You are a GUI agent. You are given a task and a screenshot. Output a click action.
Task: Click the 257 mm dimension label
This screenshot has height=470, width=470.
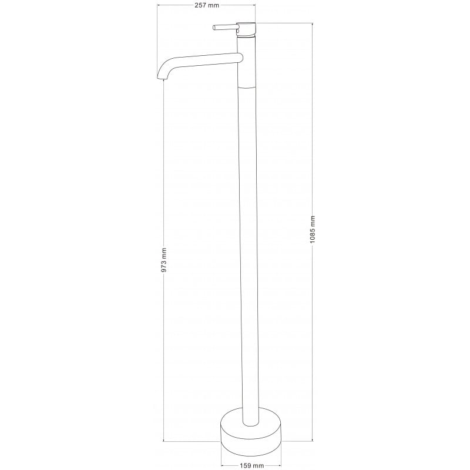pyautogui.click(x=207, y=5)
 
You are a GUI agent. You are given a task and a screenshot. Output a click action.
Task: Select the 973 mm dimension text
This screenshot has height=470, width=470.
pyautogui.click(x=164, y=259)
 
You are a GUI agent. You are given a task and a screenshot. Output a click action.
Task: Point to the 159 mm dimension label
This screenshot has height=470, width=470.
pyautogui.click(x=251, y=466)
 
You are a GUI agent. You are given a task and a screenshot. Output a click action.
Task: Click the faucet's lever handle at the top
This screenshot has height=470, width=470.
pyautogui.click(x=224, y=27)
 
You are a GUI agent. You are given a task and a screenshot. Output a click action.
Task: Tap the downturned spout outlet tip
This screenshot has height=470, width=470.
pyautogui.click(x=160, y=77)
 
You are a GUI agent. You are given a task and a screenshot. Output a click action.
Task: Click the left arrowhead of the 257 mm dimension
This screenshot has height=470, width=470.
pyautogui.click(x=159, y=5)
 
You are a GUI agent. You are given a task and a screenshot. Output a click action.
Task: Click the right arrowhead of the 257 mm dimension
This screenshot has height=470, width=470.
pyautogui.click(x=255, y=5)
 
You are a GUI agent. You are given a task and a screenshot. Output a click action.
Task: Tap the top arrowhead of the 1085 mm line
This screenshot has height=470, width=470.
pyautogui.click(x=312, y=24)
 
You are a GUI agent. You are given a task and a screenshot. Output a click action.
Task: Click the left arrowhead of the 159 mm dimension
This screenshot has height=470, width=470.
pyautogui.click(x=223, y=466)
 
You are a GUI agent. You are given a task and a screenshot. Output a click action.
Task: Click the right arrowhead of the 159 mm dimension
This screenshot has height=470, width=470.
pyautogui.click(x=281, y=466)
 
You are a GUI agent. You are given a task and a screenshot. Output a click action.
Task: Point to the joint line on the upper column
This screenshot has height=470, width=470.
pyautogui.click(x=247, y=86)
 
